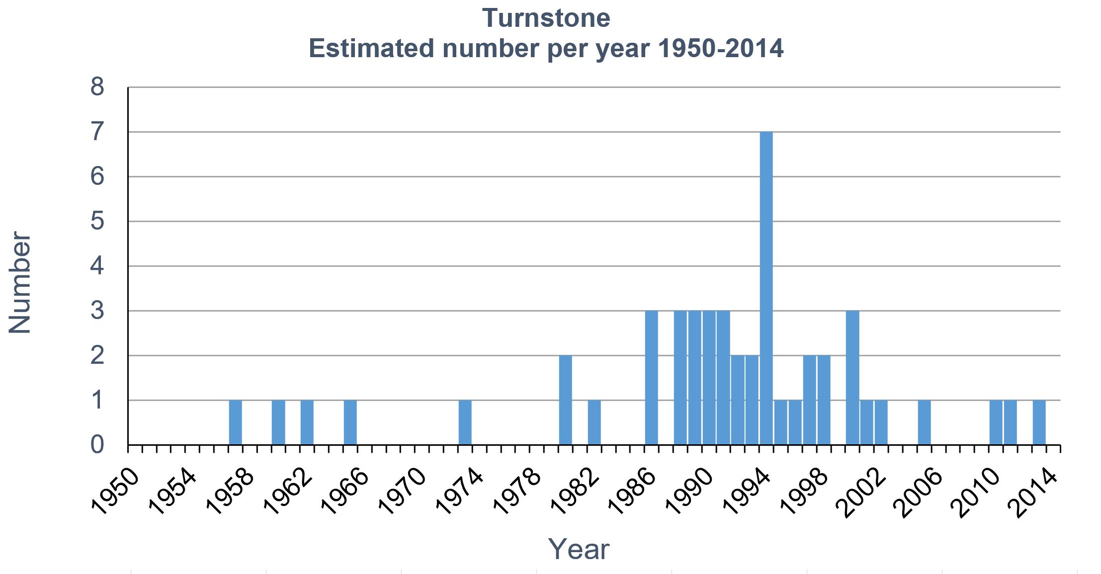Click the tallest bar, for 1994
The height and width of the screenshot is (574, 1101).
[766, 288]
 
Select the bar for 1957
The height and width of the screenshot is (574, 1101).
[235, 422]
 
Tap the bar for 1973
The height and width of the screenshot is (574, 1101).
[465, 422]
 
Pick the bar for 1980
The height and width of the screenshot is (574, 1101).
[565, 400]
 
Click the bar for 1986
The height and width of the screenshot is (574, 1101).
[651, 378]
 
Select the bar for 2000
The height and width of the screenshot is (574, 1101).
[852, 378]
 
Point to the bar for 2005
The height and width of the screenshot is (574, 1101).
[924, 422]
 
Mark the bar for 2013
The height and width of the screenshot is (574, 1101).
[1039, 422]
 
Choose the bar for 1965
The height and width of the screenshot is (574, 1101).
[350, 422]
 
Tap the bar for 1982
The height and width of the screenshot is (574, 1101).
[594, 422]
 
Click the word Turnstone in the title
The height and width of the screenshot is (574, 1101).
[546, 18]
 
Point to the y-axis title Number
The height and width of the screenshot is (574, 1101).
[20, 282]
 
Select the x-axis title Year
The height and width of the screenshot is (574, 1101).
[578, 549]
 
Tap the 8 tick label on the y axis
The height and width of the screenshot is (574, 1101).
[97, 87]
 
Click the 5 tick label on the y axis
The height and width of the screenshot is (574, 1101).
[97, 221]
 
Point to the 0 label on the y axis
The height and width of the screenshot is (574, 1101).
[97, 444]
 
